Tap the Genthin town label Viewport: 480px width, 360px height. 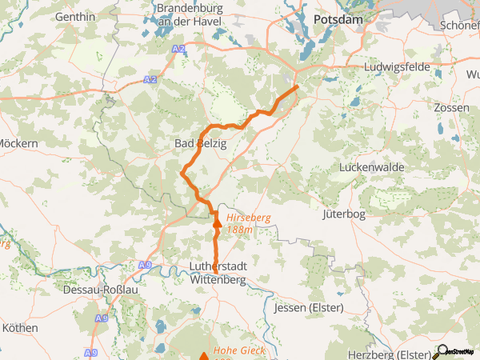tap(75, 17)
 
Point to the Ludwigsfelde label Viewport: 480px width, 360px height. tap(397, 68)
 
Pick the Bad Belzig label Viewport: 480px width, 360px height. tap(201, 144)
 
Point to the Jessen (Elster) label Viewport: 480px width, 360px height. tap(308, 307)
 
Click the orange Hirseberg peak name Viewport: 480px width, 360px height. tap(250, 218)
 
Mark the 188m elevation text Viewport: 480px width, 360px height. tap(239, 230)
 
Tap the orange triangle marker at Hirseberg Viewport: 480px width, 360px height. tap(216, 224)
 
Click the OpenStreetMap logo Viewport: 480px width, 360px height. tap(455, 351)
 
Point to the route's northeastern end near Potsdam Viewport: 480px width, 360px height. tap(297, 86)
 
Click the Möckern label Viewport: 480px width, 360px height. tap(18, 144)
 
